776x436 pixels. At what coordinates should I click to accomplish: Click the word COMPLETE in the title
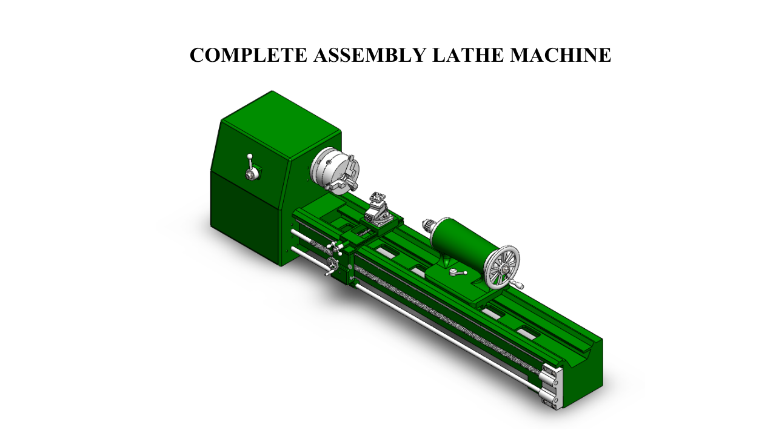pyautogui.click(x=249, y=55)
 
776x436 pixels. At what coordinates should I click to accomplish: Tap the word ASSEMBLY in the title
pyautogui.click(x=370, y=55)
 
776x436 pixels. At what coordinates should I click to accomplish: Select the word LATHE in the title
pyautogui.click(x=467, y=55)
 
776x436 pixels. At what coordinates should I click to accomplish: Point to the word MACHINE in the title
pyautogui.click(x=561, y=55)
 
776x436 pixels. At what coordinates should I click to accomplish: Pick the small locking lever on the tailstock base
pyautogui.click(x=458, y=273)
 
